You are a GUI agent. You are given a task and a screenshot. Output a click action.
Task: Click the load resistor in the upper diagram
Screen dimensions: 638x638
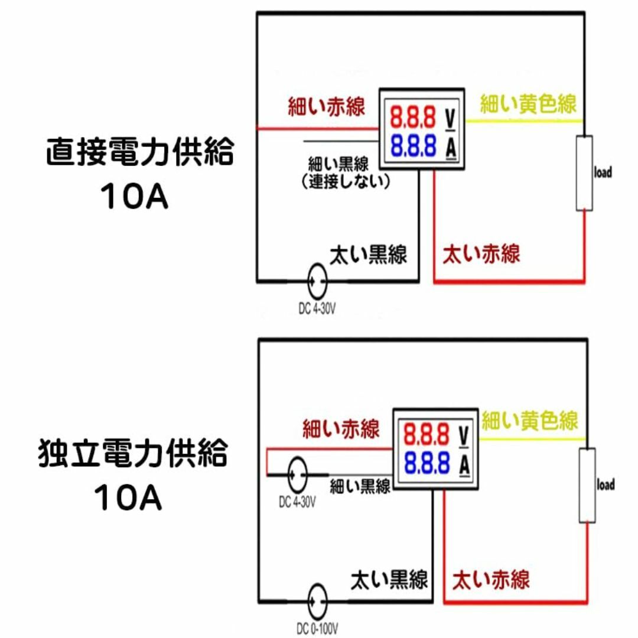pos(584,173)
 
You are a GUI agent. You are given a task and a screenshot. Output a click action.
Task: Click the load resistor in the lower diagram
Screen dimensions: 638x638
pos(587,485)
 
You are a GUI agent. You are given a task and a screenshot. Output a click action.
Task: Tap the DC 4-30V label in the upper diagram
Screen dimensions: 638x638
pos(317,309)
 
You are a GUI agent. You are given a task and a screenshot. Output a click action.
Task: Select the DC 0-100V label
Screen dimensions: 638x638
pos(317,629)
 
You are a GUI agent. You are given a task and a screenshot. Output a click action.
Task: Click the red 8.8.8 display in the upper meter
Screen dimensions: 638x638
pos(412,117)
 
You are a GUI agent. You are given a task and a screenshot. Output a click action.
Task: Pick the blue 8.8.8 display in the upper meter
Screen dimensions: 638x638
pos(413,145)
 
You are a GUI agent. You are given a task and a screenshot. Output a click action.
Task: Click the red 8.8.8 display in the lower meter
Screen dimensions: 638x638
pos(426,435)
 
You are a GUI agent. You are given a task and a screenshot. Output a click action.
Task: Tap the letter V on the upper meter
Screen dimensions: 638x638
pos(450,118)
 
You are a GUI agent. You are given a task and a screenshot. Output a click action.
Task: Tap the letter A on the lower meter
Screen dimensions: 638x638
pos(465,465)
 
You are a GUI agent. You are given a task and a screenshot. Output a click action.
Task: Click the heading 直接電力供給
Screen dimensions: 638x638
pos(140,151)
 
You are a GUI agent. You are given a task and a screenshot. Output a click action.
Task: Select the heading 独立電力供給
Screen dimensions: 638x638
pos(133,453)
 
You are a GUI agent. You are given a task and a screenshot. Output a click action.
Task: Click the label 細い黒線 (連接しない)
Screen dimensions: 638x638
pos(346,172)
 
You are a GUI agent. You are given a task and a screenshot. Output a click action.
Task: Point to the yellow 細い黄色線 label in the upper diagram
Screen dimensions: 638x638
pos(528,103)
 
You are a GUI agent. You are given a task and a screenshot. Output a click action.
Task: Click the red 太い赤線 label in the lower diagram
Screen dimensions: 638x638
pos(491,580)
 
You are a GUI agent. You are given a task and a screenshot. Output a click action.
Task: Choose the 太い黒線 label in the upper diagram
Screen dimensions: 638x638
pos(368,255)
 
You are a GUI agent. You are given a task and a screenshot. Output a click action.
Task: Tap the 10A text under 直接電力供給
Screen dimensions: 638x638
pos(134,196)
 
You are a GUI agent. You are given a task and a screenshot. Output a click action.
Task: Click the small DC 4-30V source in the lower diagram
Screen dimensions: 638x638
pos(297,475)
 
